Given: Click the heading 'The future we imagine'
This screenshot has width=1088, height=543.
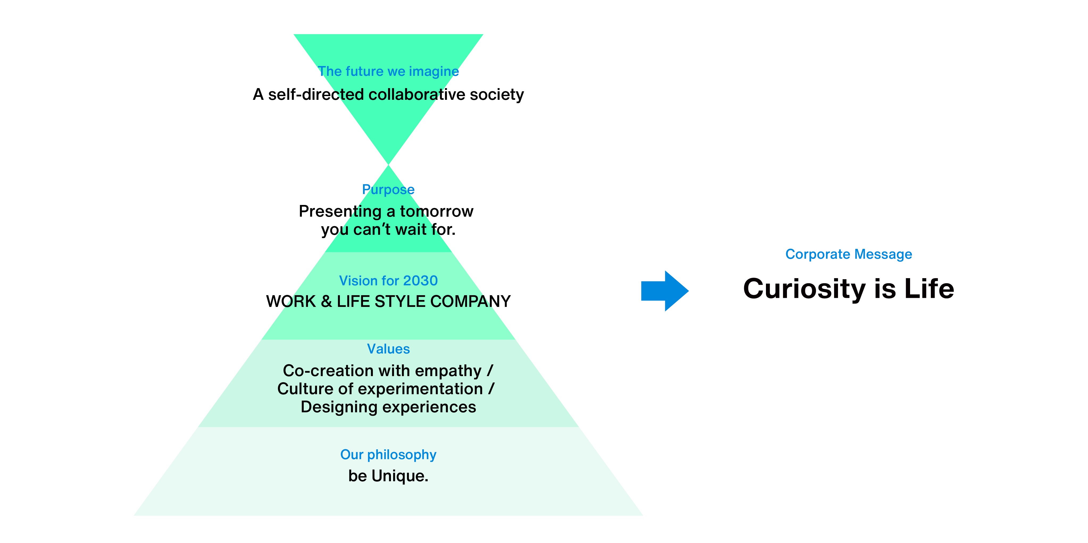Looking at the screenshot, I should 388,71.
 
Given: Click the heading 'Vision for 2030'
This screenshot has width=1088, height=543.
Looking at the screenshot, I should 388,281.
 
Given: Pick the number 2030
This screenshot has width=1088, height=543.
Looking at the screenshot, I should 420,281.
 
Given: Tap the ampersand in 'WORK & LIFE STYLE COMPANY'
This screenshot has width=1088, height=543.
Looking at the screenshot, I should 326,301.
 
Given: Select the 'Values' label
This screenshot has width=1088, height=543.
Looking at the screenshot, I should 388,349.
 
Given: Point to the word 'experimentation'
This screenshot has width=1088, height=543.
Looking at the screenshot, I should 420,389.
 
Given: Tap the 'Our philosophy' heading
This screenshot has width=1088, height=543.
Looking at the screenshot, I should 388,455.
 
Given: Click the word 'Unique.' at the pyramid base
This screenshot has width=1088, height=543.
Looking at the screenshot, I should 400,476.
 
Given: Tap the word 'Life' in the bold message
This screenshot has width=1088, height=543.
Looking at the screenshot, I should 929,289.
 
